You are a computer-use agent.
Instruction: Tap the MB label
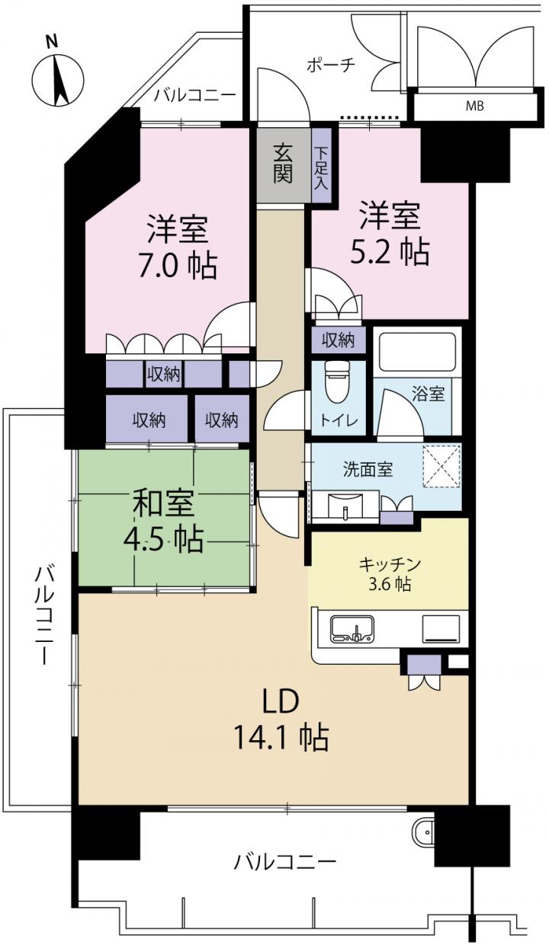474,107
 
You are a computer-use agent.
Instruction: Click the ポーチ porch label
331,65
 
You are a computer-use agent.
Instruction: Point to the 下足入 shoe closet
322,165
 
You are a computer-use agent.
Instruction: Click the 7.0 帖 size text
178,265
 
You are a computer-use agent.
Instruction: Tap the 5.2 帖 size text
390,251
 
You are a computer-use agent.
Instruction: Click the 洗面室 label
368,470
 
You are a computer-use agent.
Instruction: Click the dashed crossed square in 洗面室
441,465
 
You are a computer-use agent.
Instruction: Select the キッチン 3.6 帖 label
390,574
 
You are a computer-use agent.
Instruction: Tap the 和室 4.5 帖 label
163,521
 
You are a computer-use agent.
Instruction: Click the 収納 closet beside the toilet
339,340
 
